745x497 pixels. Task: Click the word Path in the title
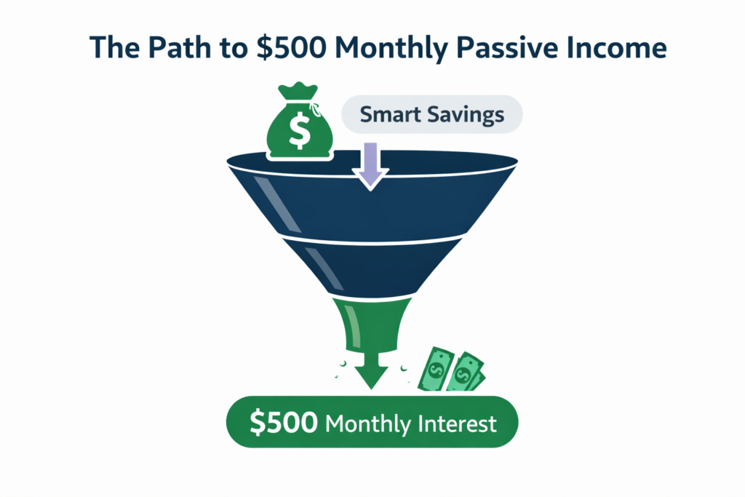coord(162,48)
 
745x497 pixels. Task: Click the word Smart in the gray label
coord(392,114)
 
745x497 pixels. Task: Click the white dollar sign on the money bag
coord(299,129)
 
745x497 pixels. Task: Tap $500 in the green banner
coord(283,423)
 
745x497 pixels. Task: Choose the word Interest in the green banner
coord(457,423)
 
